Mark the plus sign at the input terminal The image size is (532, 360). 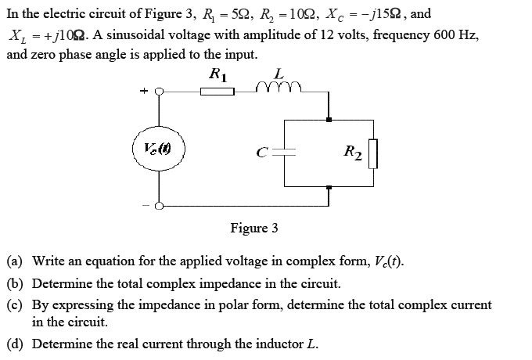pyautogui.click(x=143, y=92)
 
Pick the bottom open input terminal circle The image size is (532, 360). pyautogui.click(x=160, y=207)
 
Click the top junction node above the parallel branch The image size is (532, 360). pyautogui.click(x=329, y=119)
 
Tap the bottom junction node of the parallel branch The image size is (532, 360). pyautogui.click(x=329, y=185)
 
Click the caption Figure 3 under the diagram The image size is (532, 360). pyautogui.click(x=253, y=229)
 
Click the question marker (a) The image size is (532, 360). pyautogui.click(x=14, y=260)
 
